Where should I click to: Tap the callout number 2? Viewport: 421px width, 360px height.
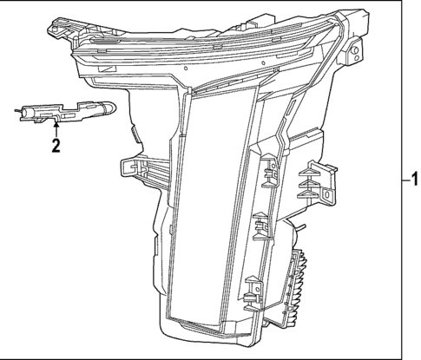[56, 146]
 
